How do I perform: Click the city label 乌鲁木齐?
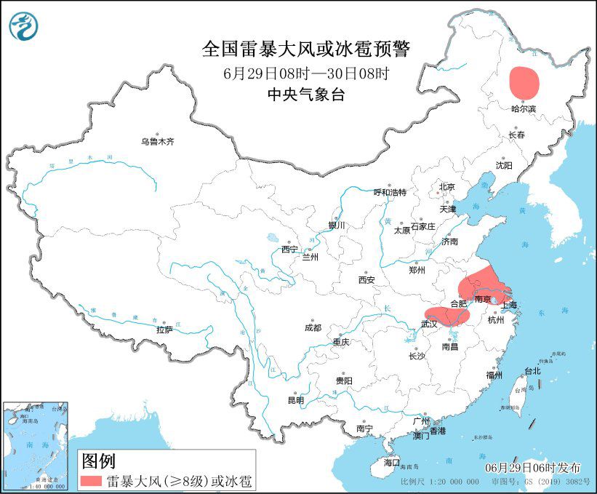coord(158,142)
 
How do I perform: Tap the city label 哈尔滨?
coord(523,108)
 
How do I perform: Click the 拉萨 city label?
coord(164,330)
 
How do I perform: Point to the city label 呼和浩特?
coord(390,193)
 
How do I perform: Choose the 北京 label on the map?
coord(446,187)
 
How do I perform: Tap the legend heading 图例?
coord(98,460)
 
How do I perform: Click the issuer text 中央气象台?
coord(305,94)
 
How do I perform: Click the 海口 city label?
coord(392,462)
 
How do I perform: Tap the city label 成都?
coord(313,327)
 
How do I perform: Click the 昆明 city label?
coord(295,400)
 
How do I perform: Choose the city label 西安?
coord(366,280)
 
